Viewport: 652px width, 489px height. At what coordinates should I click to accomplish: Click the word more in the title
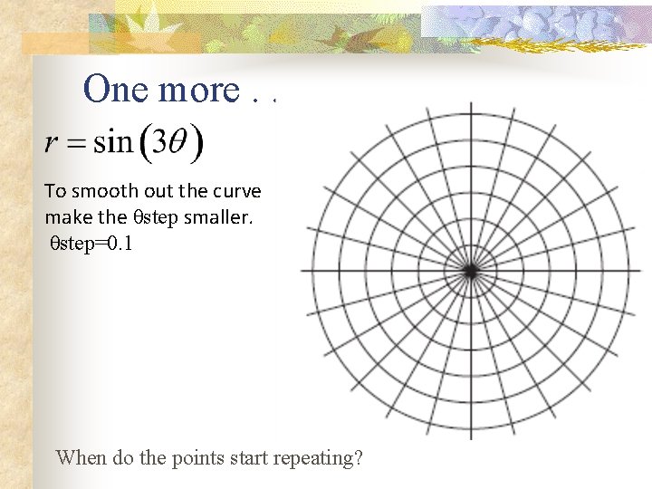[198, 90]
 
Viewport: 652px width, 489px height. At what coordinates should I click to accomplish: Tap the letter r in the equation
[52, 145]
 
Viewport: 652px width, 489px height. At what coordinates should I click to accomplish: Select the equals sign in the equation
[77, 146]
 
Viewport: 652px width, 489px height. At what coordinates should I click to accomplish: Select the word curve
[237, 191]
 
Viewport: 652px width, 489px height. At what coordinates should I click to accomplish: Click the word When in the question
[81, 457]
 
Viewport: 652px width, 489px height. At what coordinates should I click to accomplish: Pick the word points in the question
[197, 458]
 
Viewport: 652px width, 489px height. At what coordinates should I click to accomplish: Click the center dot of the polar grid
[471, 271]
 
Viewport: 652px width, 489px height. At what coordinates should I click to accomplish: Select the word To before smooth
[55, 191]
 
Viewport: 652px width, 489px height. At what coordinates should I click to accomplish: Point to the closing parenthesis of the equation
[197, 144]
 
